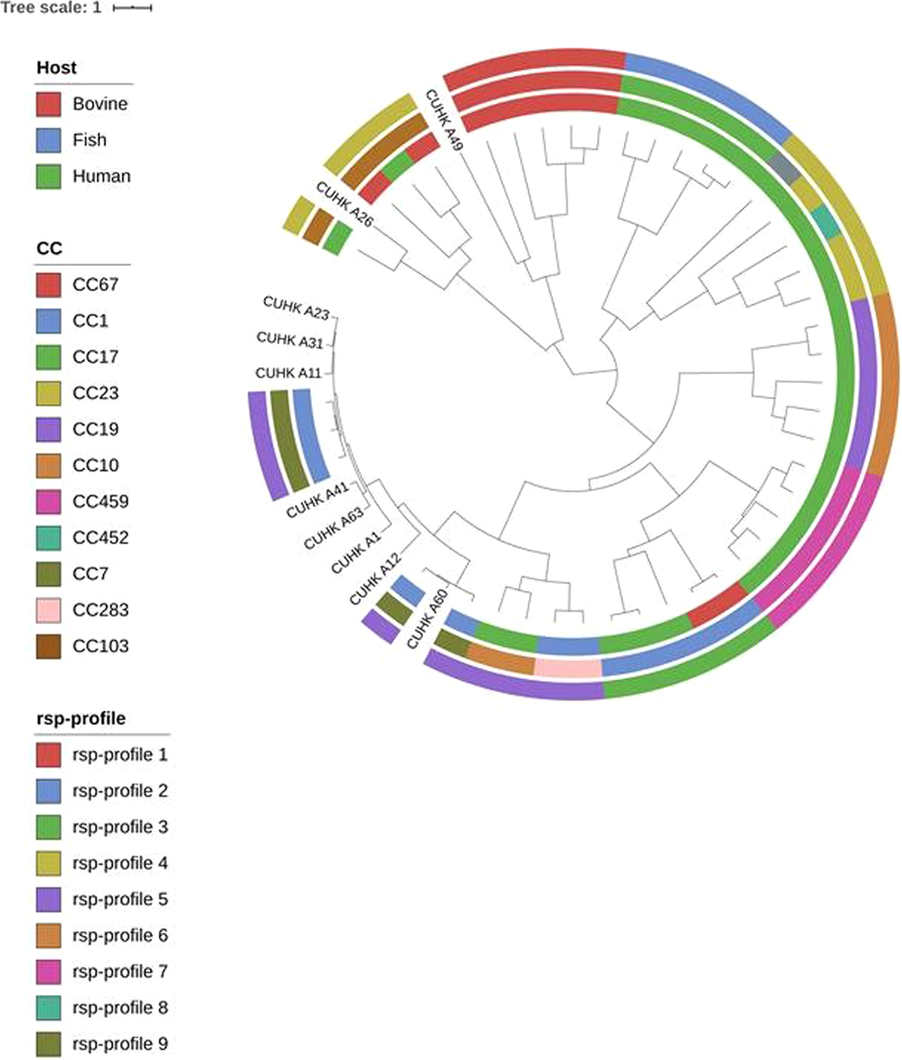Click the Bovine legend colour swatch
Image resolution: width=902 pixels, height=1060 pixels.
(49, 104)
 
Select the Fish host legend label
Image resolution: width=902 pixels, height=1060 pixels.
(89, 141)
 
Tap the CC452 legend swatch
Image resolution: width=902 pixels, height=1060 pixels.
(49, 538)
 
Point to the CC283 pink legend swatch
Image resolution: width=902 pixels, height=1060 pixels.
(49, 610)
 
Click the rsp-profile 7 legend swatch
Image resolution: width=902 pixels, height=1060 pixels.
(49, 972)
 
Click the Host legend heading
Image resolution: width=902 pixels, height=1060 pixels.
(56, 68)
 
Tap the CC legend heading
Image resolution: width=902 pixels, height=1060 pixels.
(48, 249)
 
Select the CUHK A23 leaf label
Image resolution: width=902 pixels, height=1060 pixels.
(295, 306)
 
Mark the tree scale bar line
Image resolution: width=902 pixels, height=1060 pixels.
(132, 8)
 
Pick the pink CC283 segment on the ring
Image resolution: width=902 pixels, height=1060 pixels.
(567, 668)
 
